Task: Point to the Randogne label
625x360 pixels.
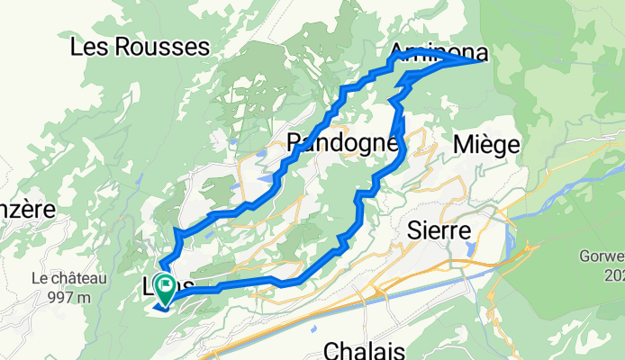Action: coord(341,142)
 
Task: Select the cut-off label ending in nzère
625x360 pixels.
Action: coord(27,210)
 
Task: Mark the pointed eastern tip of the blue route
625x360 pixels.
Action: coord(485,60)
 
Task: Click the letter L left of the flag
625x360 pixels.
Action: coord(149,287)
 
